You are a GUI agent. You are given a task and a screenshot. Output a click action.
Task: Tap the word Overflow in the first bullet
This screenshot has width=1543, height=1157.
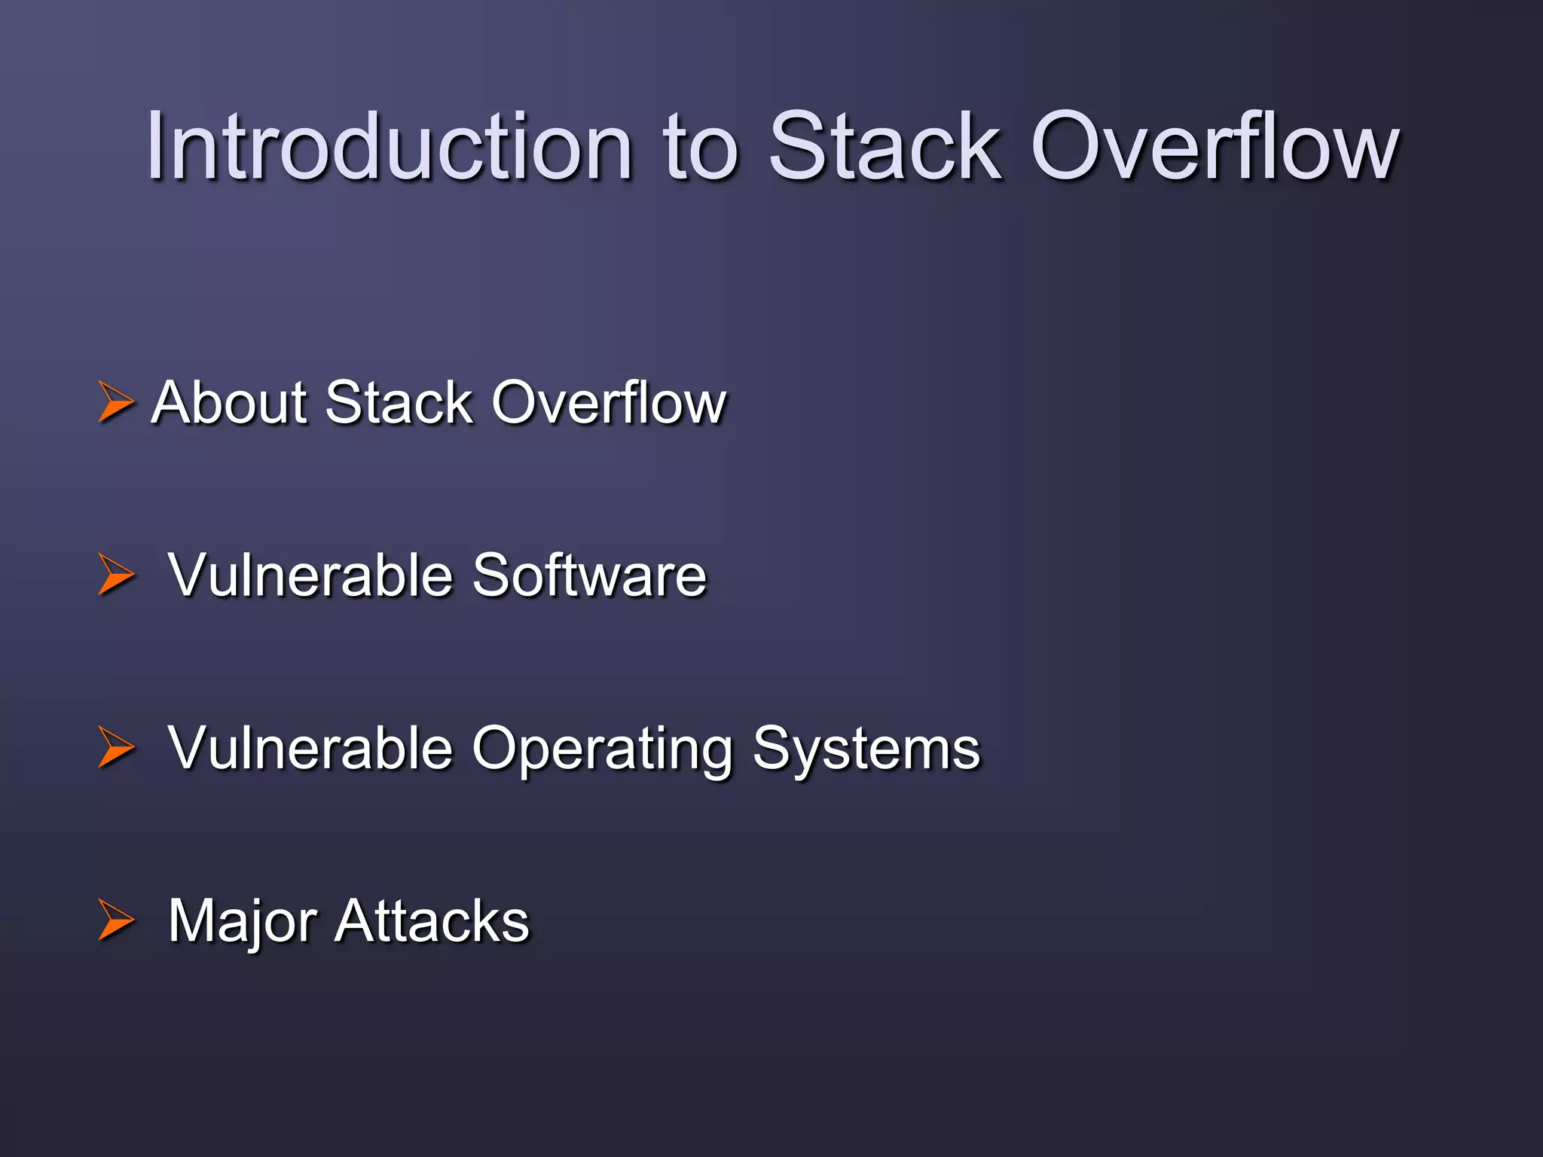(609, 402)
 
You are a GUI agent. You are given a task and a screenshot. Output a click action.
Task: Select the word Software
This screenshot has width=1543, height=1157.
(589, 575)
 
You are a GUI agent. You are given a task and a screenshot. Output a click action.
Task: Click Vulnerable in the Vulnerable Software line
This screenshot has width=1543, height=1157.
(310, 575)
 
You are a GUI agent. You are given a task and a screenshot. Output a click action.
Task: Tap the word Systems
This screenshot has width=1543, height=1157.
(866, 750)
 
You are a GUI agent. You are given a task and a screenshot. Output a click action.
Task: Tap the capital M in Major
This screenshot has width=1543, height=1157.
(193, 920)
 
